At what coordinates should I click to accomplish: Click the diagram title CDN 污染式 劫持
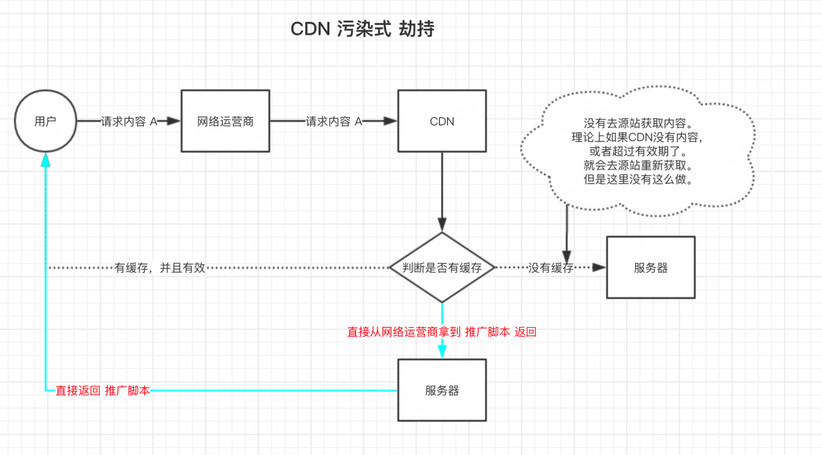pos(362,29)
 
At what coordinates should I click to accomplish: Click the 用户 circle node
pos(45,121)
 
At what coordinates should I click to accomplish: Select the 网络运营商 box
pos(225,121)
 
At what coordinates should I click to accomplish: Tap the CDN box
pos(442,121)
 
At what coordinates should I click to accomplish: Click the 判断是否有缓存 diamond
pos(442,268)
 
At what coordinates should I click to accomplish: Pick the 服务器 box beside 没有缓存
pos(651,268)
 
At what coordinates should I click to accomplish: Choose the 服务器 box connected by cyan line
pos(442,390)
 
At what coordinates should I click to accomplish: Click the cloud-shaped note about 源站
pos(638,151)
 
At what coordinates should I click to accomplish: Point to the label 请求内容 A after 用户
pos(129,121)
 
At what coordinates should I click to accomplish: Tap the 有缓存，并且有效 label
pos(160,268)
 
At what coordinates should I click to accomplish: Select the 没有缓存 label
pos(550,268)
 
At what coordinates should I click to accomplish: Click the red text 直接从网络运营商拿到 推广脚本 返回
pos(442,332)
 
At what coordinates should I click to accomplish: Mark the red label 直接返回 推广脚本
pos(103,390)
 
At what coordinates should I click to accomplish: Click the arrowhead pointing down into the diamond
pos(442,226)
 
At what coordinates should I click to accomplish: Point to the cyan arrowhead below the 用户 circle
pos(45,160)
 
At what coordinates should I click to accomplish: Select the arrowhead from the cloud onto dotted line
pos(567,255)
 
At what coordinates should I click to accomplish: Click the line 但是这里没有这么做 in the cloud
pos(638,180)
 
